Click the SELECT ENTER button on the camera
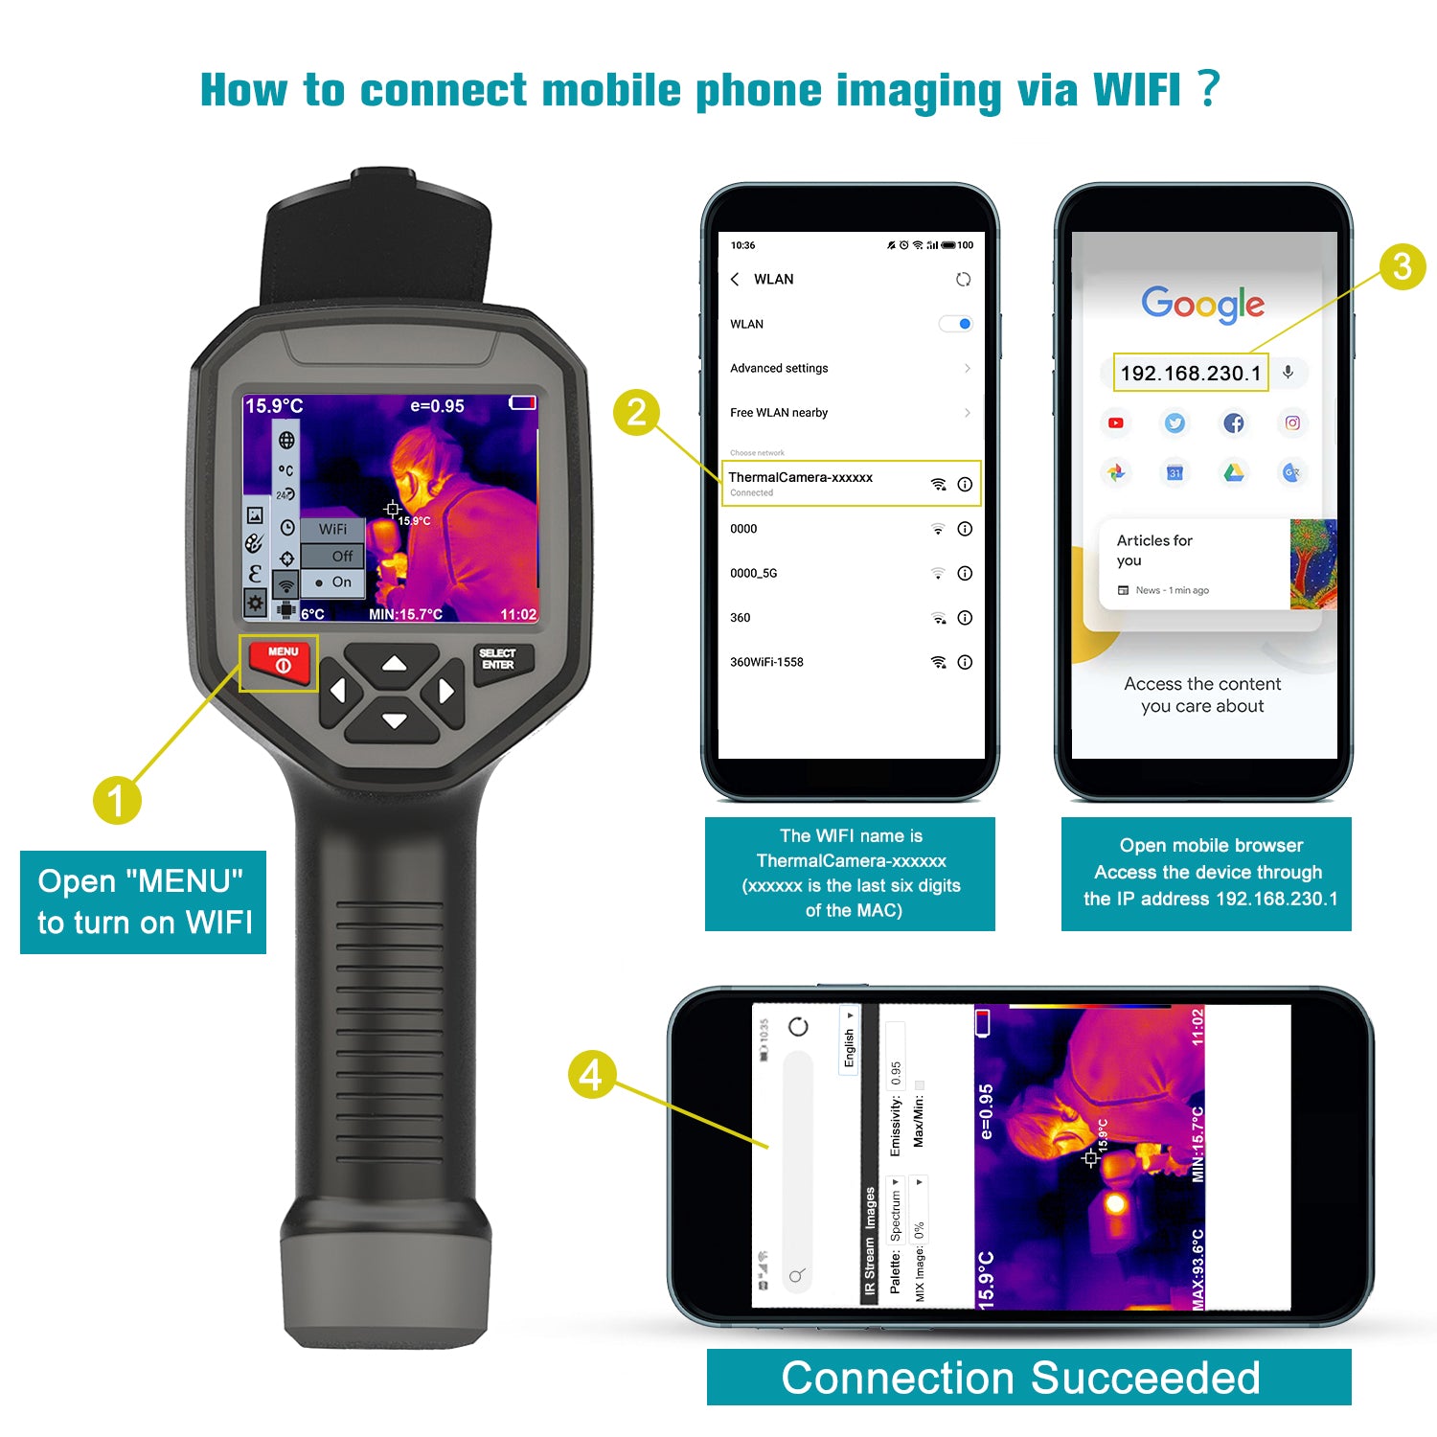[x=498, y=659]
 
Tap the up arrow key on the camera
[x=394, y=663]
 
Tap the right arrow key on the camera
[x=445, y=691]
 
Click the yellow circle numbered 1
[x=117, y=800]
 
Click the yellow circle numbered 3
[x=1402, y=266]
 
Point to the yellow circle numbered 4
[x=591, y=1074]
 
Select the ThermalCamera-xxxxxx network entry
[x=801, y=478]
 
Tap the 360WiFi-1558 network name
[x=766, y=662]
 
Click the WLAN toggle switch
[x=956, y=324]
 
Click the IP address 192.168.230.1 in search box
[x=1190, y=373]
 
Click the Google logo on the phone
[x=1202, y=304]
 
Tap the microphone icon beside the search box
[x=1289, y=373]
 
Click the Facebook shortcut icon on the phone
[x=1234, y=422]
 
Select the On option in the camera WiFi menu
[x=335, y=582]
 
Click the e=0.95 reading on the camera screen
[x=437, y=406]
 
